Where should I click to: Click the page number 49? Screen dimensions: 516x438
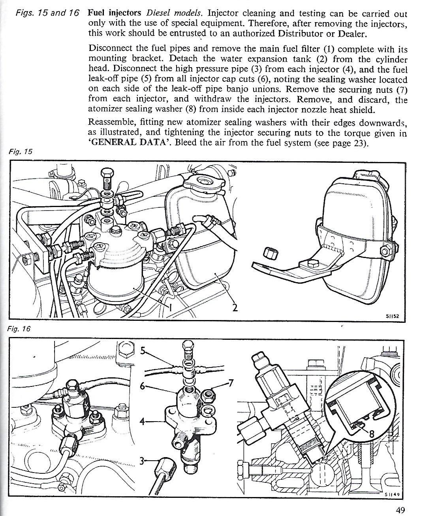tap(400, 510)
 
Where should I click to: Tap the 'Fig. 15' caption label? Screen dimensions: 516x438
tap(19, 151)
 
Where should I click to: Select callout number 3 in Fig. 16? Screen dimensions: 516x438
tap(142, 461)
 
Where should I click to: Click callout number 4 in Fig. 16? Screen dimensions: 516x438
tap(142, 421)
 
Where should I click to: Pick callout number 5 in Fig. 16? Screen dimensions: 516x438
tap(143, 350)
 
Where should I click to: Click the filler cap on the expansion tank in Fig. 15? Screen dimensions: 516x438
tap(203, 182)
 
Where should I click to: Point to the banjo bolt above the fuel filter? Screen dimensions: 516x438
tap(107, 177)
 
